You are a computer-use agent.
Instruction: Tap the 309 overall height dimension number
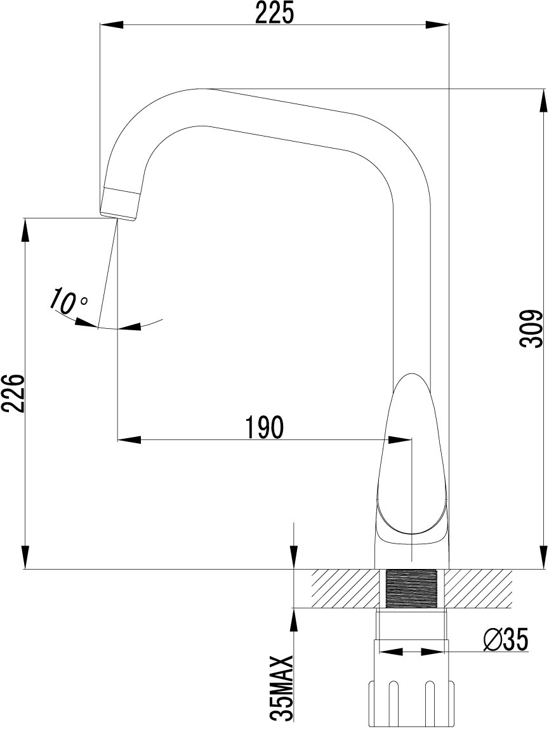pyautogui.click(x=532, y=328)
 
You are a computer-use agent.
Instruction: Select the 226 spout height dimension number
pyautogui.click(x=12, y=393)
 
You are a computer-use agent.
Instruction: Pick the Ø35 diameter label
pyautogui.click(x=506, y=640)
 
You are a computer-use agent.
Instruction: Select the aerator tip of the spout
pyautogui.click(x=121, y=203)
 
